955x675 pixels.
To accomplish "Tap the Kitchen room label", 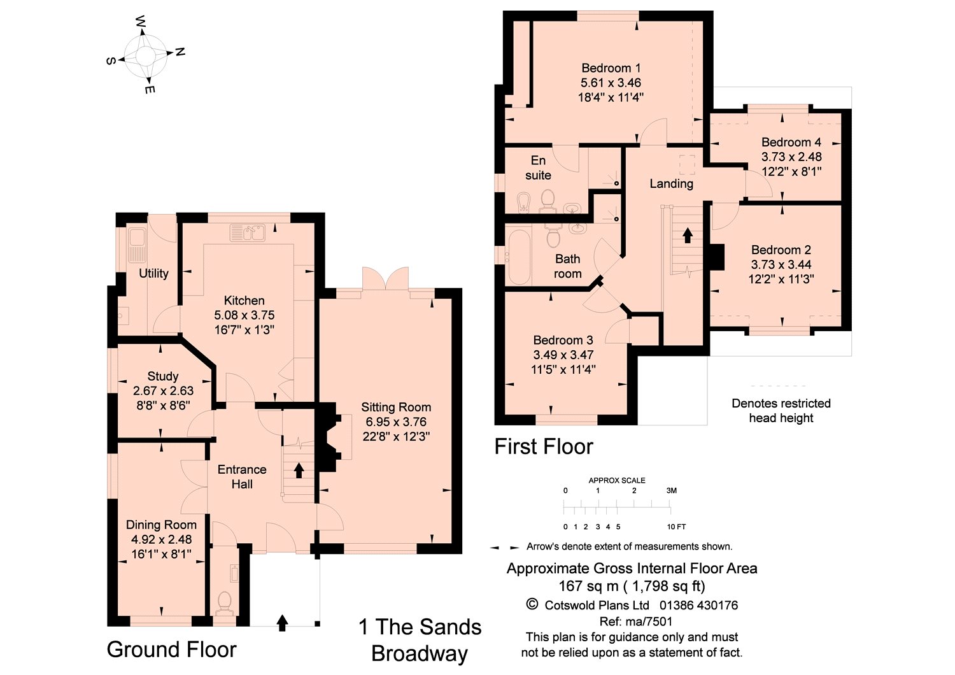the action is pyautogui.click(x=244, y=301).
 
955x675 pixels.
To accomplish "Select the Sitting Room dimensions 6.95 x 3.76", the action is pyautogui.click(x=396, y=422).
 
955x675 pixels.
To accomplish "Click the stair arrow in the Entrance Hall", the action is pyautogui.click(x=298, y=471).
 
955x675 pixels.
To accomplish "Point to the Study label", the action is pyautogui.click(x=163, y=376).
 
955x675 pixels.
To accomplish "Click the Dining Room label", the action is pyautogui.click(x=161, y=525).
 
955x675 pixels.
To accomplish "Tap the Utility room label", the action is pyautogui.click(x=153, y=273).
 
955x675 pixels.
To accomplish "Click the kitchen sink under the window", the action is pyautogui.click(x=247, y=233).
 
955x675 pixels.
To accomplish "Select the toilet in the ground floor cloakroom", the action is pyautogui.click(x=223, y=602).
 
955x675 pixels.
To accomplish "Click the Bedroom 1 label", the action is pyautogui.click(x=611, y=67).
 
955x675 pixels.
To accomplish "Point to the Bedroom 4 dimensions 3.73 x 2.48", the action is pyautogui.click(x=791, y=157).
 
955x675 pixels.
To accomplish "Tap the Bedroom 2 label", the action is pyautogui.click(x=781, y=250).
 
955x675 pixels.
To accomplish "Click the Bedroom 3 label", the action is pyautogui.click(x=563, y=340).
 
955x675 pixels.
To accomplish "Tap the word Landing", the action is pyautogui.click(x=671, y=183).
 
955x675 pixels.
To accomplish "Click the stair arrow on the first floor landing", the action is pyautogui.click(x=688, y=235).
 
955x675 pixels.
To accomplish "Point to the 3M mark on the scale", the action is pyautogui.click(x=671, y=490).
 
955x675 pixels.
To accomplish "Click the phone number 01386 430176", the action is pyautogui.click(x=698, y=605).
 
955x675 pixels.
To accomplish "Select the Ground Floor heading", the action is pyautogui.click(x=172, y=650).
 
